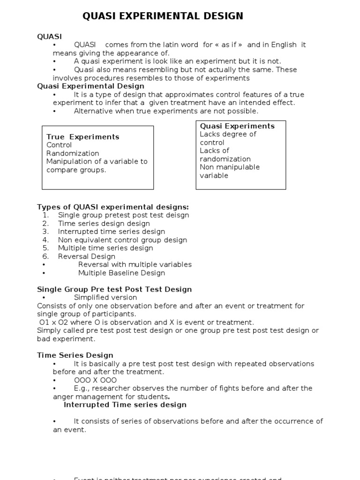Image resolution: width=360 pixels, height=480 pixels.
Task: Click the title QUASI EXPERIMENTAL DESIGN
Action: point(163,16)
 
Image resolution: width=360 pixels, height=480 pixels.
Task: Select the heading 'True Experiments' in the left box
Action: point(83,137)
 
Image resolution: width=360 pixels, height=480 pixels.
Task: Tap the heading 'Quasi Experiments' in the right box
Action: point(237,126)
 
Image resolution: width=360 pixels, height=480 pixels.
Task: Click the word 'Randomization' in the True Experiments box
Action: point(73,153)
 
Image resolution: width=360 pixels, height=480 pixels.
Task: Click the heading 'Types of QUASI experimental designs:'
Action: point(113,207)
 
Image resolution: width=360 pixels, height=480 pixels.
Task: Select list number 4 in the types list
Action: point(45,240)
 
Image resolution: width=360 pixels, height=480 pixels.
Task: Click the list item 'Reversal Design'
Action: point(86,256)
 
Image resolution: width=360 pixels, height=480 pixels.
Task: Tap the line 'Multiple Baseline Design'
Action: point(121,273)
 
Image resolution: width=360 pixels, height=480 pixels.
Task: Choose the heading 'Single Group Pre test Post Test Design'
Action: point(114,289)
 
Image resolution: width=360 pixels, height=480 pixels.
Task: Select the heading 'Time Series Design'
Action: point(75,355)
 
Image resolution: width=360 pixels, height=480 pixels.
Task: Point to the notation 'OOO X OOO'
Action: point(95,380)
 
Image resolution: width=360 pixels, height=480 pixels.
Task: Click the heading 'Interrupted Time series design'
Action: point(125,405)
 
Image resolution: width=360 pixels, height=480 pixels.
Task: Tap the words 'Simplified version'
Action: point(105,298)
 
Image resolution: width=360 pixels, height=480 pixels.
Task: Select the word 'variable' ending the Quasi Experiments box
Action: point(214,175)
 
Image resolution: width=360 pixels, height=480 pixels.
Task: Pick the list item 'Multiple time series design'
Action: point(105,248)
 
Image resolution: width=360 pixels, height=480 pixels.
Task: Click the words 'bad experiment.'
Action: point(66,339)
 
